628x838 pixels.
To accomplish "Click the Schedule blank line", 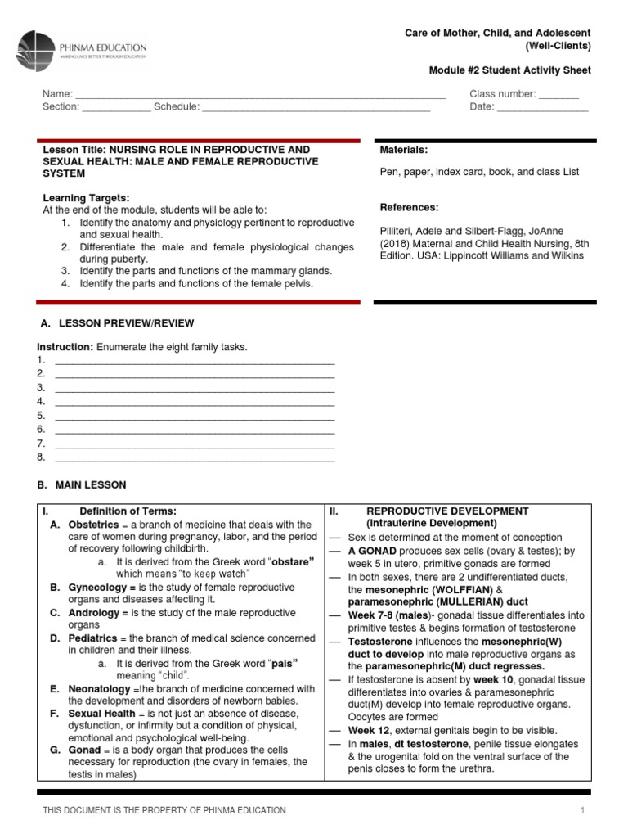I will click(x=316, y=108).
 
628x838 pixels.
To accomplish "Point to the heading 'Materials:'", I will click(x=404, y=150).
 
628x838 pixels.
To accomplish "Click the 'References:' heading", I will click(x=409, y=207).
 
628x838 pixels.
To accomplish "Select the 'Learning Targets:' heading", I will click(x=86, y=198).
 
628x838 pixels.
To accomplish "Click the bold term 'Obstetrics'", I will click(x=93, y=525).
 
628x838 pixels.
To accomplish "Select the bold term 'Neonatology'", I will click(x=101, y=689).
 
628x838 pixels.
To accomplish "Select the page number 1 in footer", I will click(x=583, y=810).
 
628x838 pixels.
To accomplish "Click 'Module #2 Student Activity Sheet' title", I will click(x=509, y=70).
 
